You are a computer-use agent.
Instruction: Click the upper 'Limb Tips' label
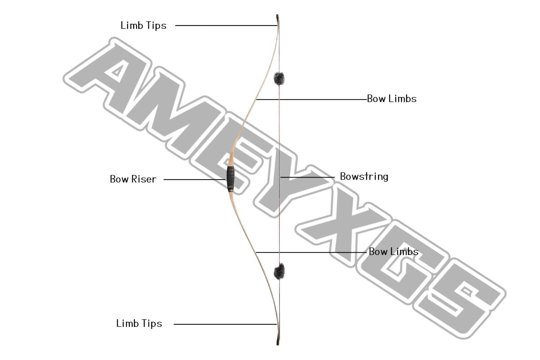[x=143, y=26]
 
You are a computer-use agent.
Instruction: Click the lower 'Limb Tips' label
[x=139, y=323]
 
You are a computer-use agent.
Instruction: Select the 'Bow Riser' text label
[x=133, y=179]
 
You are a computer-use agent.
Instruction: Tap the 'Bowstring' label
[x=364, y=176]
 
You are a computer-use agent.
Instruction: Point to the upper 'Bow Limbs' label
[x=392, y=99]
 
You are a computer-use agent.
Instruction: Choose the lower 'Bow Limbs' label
[x=393, y=251]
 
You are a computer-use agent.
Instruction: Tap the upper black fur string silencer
[x=279, y=78]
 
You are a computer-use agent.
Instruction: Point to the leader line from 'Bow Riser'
[x=194, y=179]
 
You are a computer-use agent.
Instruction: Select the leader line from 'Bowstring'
[x=308, y=177]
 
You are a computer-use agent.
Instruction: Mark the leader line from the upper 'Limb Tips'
[x=225, y=26]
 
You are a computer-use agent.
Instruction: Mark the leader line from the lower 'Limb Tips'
[x=225, y=324]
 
